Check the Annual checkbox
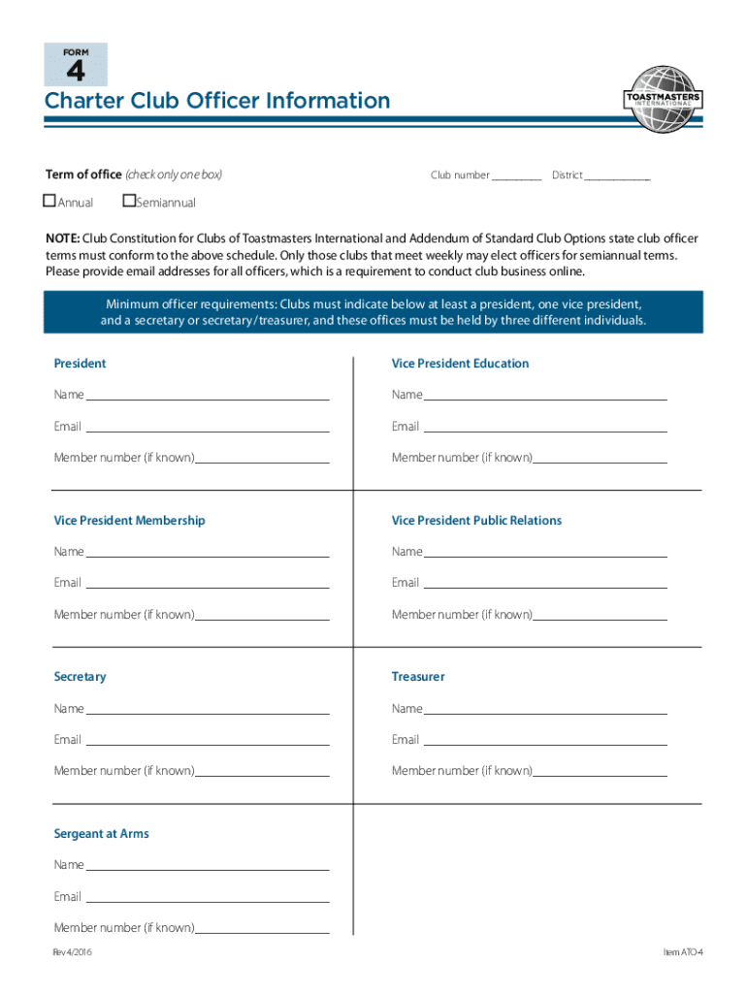point(49,202)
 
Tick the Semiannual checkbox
point(129,202)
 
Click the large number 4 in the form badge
point(76,71)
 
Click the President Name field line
point(208,396)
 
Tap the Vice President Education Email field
point(544,428)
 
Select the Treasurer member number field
point(600,772)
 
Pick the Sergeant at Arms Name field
point(208,866)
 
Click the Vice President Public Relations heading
point(476,521)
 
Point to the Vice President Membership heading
point(129,521)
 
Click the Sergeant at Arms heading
point(101,834)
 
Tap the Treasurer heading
point(418,677)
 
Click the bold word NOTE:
point(63,239)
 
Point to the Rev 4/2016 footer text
point(74,953)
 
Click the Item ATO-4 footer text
point(682,953)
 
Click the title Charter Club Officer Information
point(217,101)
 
